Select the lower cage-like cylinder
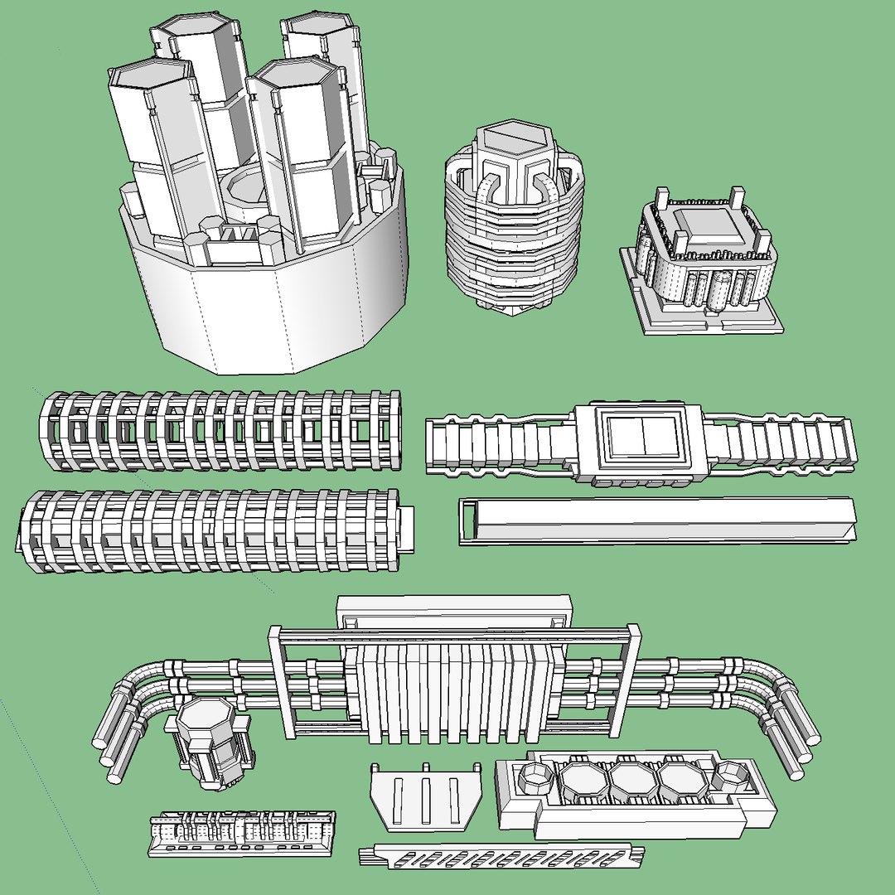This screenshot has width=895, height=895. click(207, 530)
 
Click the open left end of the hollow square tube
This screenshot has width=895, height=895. click(469, 521)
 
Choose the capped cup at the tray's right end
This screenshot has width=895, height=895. click(729, 776)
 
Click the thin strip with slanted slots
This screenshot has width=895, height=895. click(502, 855)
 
